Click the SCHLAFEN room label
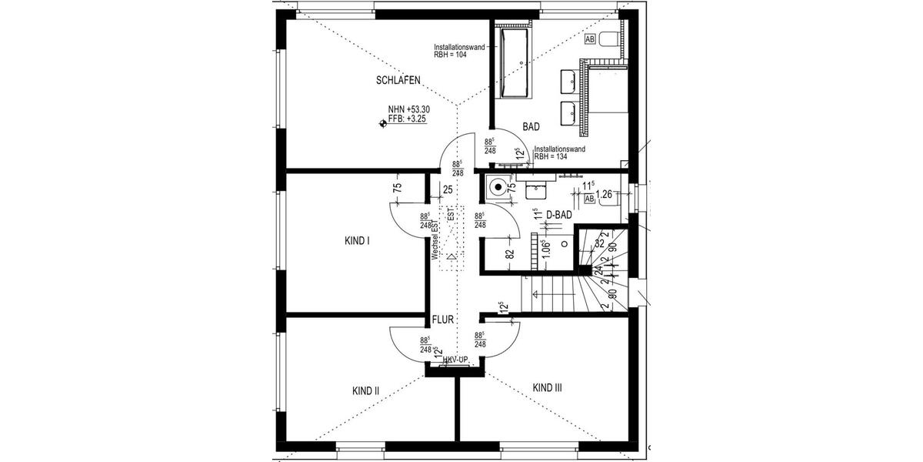[x=398, y=80]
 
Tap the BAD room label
[x=531, y=126]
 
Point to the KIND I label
[x=357, y=240]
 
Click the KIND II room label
[x=366, y=390]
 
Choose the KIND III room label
[x=547, y=388]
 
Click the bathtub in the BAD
[x=512, y=64]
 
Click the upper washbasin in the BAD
[x=571, y=78]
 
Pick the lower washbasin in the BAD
[x=571, y=111]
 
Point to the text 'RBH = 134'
[x=551, y=156]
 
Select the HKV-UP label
[x=455, y=360]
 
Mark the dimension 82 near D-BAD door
[x=509, y=253]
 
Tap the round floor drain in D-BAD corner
[x=499, y=186]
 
